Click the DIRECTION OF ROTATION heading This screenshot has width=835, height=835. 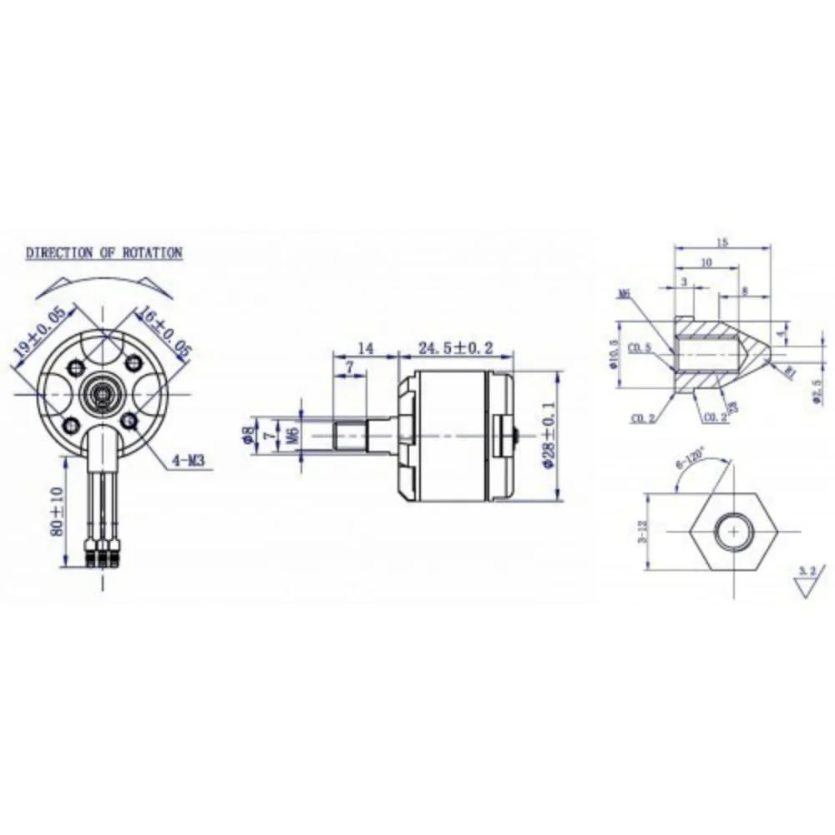[104, 252]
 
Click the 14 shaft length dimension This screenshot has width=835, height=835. [365, 347]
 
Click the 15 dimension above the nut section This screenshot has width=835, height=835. [721, 243]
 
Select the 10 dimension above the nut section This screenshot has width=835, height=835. [706, 262]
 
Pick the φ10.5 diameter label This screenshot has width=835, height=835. [615, 355]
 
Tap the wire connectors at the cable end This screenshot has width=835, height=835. [104, 555]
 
